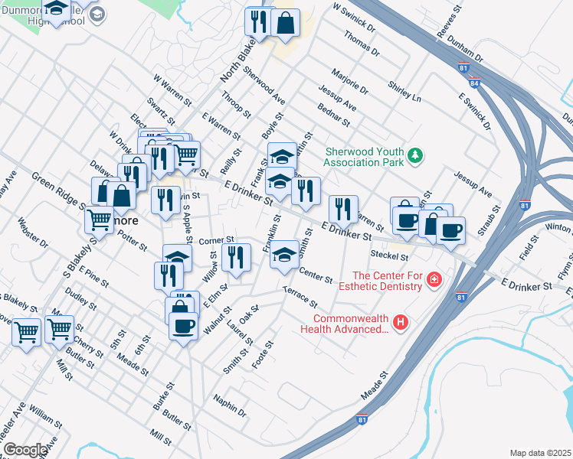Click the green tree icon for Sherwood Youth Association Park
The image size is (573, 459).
[415, 155]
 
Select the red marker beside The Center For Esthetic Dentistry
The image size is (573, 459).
[435, 280]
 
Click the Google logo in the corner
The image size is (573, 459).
[25, 450]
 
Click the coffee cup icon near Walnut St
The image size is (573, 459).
[182, 326]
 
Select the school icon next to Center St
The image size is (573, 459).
[284, 254]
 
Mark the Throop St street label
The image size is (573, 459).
[236, 106]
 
